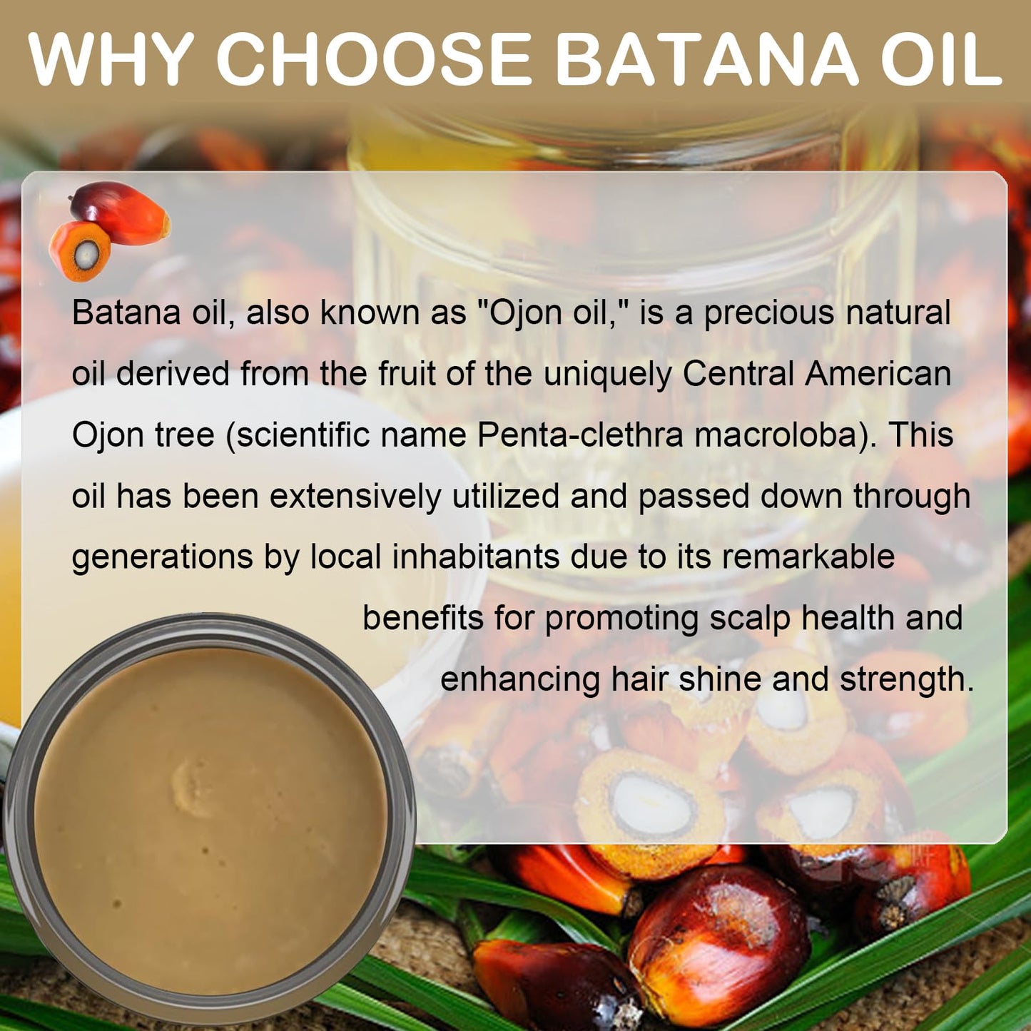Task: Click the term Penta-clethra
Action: [580, 435]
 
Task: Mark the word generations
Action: [162, 558]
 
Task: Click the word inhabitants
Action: [475, 557]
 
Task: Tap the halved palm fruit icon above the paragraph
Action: [80, 251]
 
